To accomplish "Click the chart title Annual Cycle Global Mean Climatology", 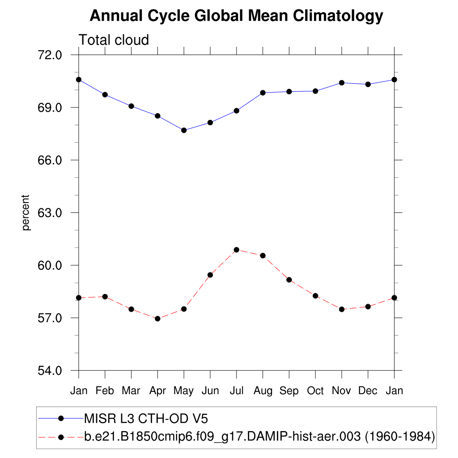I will (x=236, y=16).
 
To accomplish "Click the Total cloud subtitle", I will (x=114, y=40).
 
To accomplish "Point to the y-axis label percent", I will (x=26, y=212).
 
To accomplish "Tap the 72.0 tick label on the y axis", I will (x=51, y=55).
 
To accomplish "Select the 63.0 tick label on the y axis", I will (x=51, y=213).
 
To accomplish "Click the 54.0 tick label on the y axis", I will (x=51, y=371).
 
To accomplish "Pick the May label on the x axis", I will (x=183, y=391).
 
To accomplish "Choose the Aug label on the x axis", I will (x=263, y=391).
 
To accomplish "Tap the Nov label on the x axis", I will (x=342, y=391).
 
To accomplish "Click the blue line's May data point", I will (x=184, y=130).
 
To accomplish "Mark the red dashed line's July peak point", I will (x=237, y=250).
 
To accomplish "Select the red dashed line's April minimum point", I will (x=157, y=318).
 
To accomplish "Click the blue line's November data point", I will (x=342, y=83).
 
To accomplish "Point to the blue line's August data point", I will (x=263, y=93).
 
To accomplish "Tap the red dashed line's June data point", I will (x=210, y=275).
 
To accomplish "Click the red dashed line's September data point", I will (x=289, y=280).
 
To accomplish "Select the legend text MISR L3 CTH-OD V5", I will (x=146, y=419).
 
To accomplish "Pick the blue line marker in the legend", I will (x=61, y=418).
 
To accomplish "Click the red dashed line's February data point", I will (x=105, y=297).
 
